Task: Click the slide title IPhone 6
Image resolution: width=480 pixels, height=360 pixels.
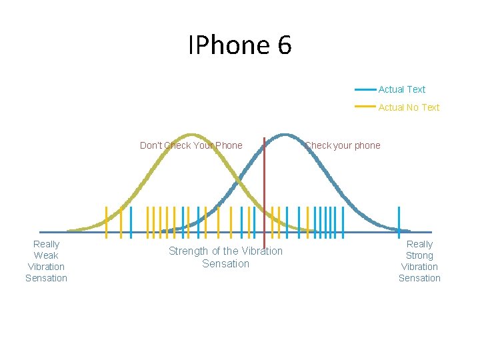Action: [x=240, y=45]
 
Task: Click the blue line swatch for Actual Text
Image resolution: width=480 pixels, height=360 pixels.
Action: [x=365, y=89]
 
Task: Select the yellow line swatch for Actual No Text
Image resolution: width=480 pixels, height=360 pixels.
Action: [x=365, y=107]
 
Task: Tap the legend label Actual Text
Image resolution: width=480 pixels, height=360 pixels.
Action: [x=401, y=89]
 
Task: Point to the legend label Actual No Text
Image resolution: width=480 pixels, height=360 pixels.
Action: [x=409, y=107]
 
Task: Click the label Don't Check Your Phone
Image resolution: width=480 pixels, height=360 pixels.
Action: [x=191, y=145]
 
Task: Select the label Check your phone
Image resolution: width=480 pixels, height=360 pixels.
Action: [x=343, y=145]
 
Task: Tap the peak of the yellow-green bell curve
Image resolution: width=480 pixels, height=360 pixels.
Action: [x=191, y=135]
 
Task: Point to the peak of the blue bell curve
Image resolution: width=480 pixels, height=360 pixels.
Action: [x=285, y=135]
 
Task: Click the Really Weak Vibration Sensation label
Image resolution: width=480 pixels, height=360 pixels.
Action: [x=46, y=261]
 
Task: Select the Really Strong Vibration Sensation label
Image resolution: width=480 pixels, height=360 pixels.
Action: [x=419, y=261]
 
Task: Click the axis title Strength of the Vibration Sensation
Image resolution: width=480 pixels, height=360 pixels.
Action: [x=225, y=257]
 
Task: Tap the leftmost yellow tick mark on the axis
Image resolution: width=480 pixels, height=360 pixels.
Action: [x=107, y=221]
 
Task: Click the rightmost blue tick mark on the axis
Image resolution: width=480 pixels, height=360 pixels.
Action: [x=399, y=221]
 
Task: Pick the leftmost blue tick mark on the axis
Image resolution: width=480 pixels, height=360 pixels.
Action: [x=131, y=221]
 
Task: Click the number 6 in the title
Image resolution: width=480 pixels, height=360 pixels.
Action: [x=284, y=45]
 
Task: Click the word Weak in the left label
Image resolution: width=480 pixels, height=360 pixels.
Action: [x=46, y=255]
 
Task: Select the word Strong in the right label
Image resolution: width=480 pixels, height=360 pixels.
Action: [x=419, y=255]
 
